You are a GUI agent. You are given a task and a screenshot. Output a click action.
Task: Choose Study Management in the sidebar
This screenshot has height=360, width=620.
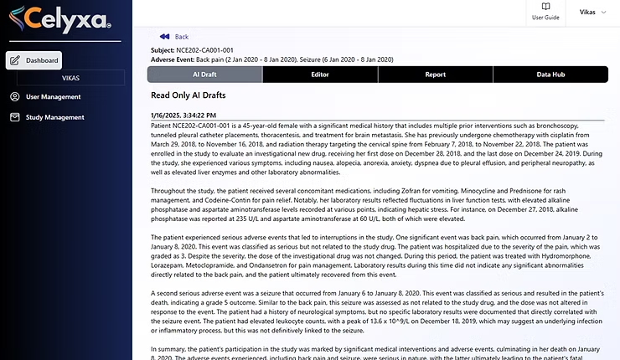[54, 116]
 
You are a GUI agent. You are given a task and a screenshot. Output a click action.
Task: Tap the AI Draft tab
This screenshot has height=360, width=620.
[204, 75]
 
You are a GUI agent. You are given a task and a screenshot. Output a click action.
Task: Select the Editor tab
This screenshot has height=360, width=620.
[319, 75]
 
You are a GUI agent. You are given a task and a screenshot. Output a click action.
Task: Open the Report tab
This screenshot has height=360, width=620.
[435, 75]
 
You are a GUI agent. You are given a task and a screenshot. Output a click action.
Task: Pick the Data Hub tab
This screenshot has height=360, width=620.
[550, 75]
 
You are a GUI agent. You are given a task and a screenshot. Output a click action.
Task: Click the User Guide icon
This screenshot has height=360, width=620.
[545, 8]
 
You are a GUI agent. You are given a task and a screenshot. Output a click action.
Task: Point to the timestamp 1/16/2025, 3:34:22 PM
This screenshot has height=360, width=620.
[183, 115]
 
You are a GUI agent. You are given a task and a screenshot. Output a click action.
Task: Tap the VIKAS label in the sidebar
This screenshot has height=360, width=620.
[65, 77]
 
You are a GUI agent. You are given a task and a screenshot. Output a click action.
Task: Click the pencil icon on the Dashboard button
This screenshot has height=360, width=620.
[15, 60]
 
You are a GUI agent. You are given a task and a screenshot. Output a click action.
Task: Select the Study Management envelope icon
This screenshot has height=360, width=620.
[15, 116]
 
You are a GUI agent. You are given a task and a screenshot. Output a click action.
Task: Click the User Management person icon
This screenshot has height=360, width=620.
[15, 96]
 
